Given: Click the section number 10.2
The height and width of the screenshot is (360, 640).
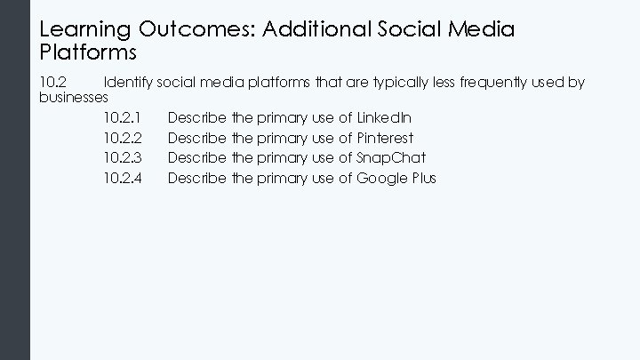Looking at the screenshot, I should [x=52, y=83].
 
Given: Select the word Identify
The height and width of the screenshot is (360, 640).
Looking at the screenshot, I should [x=128, y=83].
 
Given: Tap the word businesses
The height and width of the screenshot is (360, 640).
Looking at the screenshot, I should [x=75, y=96].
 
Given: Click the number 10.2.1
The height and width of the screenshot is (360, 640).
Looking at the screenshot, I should [x=123, y=117].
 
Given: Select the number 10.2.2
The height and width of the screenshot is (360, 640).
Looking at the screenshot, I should [x=123, y=138].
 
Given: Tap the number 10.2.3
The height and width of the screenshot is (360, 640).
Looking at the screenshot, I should [x=123, y=157].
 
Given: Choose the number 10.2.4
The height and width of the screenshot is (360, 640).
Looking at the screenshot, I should [x=123, y=178].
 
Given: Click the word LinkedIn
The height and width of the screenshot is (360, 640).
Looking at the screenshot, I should [x=383, y=117].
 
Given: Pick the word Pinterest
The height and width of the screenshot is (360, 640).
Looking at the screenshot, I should [x=385, y=138].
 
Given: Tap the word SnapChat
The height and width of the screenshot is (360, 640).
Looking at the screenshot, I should [x=391, y=157].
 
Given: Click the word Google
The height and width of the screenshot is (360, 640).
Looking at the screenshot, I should [x=381, y=178].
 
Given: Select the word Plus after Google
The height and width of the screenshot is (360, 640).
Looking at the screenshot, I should [x=423, y=178].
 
